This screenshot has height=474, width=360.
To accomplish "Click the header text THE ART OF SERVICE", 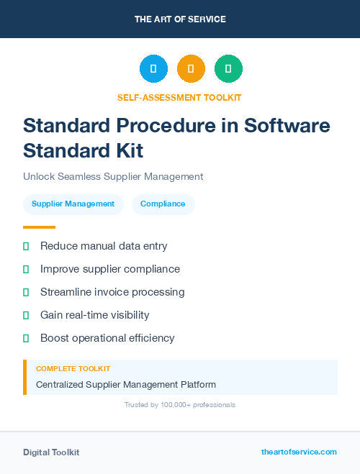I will (180, 19).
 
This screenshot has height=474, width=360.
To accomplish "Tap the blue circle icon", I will (153, 69).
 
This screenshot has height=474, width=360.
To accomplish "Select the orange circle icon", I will (191, 69).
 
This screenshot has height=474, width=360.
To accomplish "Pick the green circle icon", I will (228, 69).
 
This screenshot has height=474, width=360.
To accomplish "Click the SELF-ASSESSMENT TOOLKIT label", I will (180, 97).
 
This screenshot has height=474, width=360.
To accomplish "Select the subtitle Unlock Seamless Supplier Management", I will (113, 176).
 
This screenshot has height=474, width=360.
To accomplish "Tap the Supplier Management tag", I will (73, 204).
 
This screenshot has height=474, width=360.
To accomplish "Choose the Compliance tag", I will (163, 204).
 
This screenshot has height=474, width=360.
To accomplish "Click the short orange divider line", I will (39, 227).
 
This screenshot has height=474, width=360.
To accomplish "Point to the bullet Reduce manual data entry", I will (104, 246).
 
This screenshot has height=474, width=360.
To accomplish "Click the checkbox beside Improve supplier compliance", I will (26, 269).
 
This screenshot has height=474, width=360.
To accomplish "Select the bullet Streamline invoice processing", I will (112, 292).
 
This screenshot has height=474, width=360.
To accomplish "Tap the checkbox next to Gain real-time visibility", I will (26, 315).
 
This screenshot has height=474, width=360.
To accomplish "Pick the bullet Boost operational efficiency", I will (107, 338).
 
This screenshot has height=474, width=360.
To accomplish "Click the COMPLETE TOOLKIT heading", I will (73, 369).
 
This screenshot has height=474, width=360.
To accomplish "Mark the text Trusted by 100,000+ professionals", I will (180, 405).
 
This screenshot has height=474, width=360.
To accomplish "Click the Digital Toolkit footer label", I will (51, 452).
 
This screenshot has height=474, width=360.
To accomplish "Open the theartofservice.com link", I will (299, 452).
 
